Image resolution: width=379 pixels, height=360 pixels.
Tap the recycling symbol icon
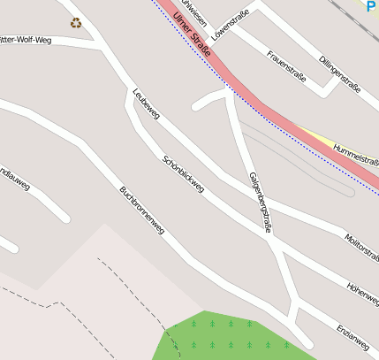point(76,23)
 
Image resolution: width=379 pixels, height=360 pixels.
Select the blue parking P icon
point(372,5)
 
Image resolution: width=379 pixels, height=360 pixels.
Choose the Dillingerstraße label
point(340,72)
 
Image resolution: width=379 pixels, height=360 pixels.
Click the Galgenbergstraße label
point(259,202)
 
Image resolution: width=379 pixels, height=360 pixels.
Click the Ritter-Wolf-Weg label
point(26,40)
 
